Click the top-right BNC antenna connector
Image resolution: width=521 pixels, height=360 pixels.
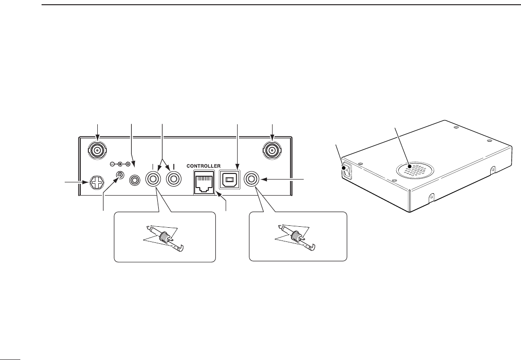click(273, 151)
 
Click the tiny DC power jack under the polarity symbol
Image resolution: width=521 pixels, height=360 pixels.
click(121, 176)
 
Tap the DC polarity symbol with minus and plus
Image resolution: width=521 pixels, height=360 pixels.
click(120, 164)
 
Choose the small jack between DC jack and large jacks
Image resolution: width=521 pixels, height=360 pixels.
click(136, 180)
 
